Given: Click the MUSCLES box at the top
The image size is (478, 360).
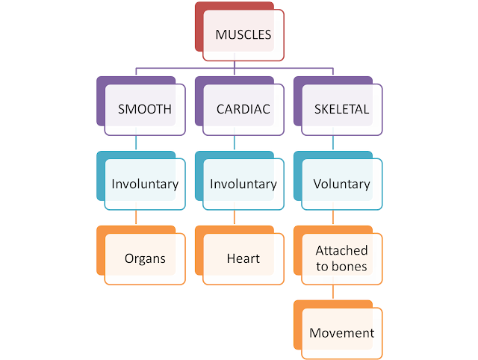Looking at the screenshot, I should tap(243, 34).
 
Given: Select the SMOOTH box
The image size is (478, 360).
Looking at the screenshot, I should tap(145, 109).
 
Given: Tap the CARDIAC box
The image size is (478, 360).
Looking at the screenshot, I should tap(243, 109).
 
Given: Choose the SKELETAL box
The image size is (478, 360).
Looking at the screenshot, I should tap(341, 109).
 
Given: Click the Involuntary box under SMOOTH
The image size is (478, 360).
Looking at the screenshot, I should tap(145, 184).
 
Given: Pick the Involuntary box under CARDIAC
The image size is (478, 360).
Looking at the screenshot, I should tap(243, 184).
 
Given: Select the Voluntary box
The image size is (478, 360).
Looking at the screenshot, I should tap(341, 184).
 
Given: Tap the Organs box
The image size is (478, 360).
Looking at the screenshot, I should tap(145, 258).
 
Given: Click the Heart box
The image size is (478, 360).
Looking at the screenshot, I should tap(243, 258).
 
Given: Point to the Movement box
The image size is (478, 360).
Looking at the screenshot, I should tap(341, 333).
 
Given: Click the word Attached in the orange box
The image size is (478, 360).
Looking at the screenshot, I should tap(341, 251).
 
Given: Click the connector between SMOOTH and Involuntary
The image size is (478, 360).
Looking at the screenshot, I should tap(136, 143).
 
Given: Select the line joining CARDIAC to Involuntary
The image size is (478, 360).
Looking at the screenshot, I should tap(235, 143).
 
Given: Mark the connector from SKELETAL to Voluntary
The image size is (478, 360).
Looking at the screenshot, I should tap(332, 143).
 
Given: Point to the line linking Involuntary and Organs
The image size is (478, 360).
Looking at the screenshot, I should tap(136, 217).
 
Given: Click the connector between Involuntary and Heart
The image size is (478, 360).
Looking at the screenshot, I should tap(235, 217).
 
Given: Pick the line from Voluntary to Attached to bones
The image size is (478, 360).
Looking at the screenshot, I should tap(332, 217).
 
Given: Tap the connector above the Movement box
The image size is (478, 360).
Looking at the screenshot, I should tap(332, 292).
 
